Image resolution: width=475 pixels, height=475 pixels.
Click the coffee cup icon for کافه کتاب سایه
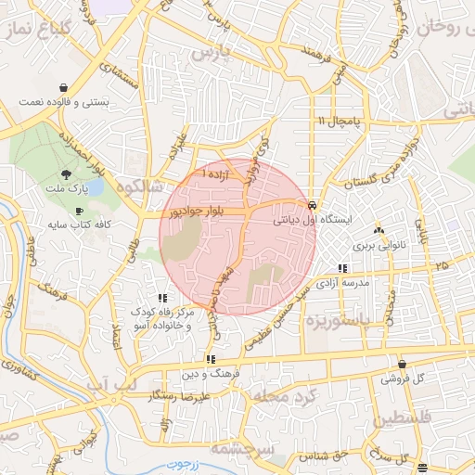[79, 211]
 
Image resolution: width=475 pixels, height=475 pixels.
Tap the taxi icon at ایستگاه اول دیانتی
[312, 206]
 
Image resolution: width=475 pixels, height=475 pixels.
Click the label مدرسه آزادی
[343, 282]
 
